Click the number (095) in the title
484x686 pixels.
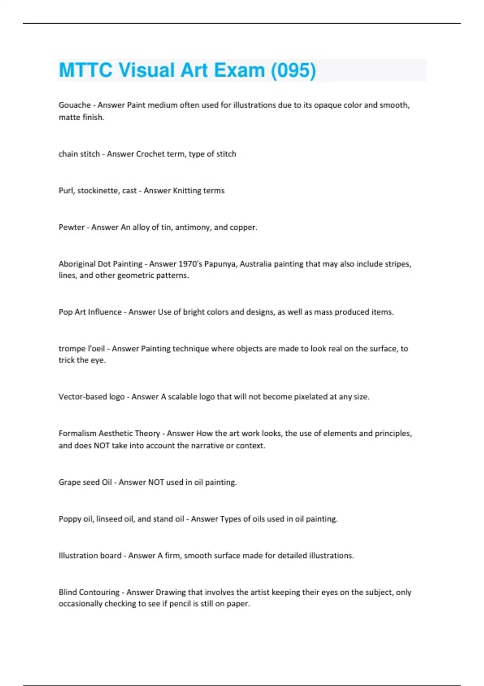coord(293,70)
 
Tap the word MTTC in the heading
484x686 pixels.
coord(86,70)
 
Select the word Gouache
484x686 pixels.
coord(75,105)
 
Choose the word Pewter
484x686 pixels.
coord(71,227)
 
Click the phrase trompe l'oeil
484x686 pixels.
coord(81,349)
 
